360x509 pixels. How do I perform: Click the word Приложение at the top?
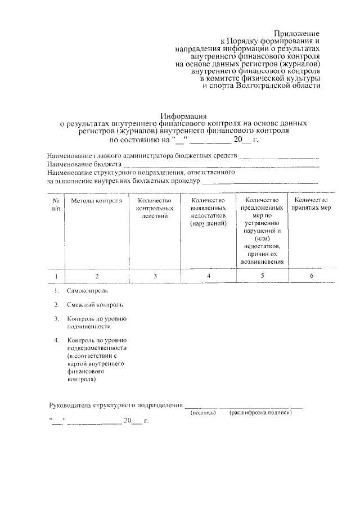click(x=298, y=34)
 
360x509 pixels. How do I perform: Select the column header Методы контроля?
click(x=97, y=201)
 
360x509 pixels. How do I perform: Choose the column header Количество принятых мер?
click(x=311, y=204)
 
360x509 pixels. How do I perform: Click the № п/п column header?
click(x=56, y=204)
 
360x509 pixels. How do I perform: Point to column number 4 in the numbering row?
click(x=209, y=276)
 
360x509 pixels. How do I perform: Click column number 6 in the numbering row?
click(x=311, y=276)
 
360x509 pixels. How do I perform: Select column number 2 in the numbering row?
click(x=97, y=276)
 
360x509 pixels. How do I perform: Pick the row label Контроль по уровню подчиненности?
click(x=96, y=322)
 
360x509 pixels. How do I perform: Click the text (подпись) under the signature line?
click(x=203, y=413)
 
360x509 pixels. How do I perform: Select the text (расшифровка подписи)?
click(x=260, y=413)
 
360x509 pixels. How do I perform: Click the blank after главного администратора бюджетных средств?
click(x=279, y=157)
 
